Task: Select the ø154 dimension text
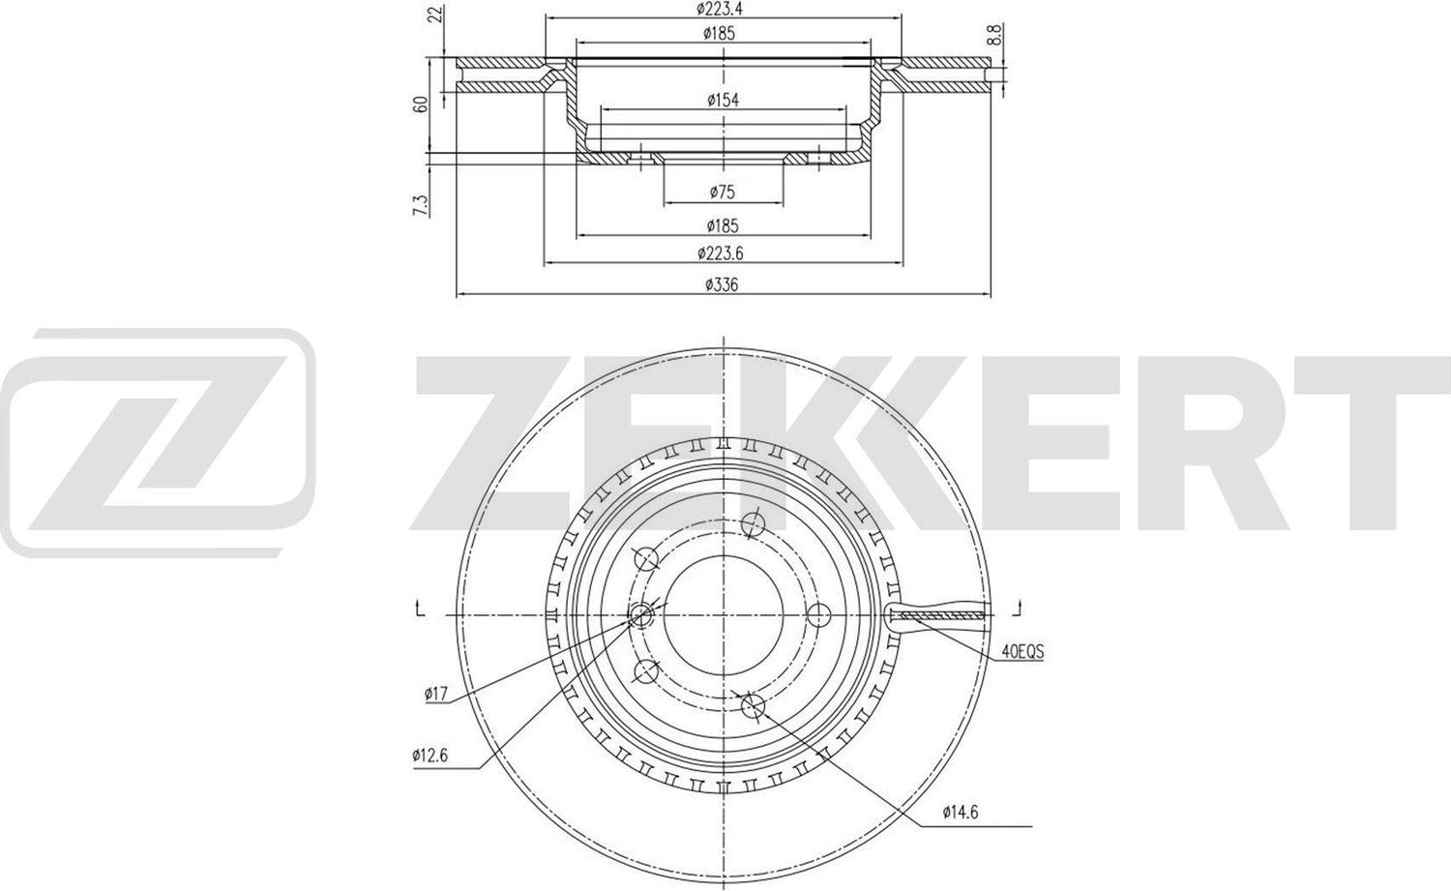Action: click(724, 100)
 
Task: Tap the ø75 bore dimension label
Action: click(722, 193)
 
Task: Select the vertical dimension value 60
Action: click(421, 104)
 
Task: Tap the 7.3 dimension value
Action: click(420, 204)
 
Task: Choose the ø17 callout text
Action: click(436, 693)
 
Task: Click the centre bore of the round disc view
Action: click(724, 612)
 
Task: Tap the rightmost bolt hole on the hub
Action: click(819, 613)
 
